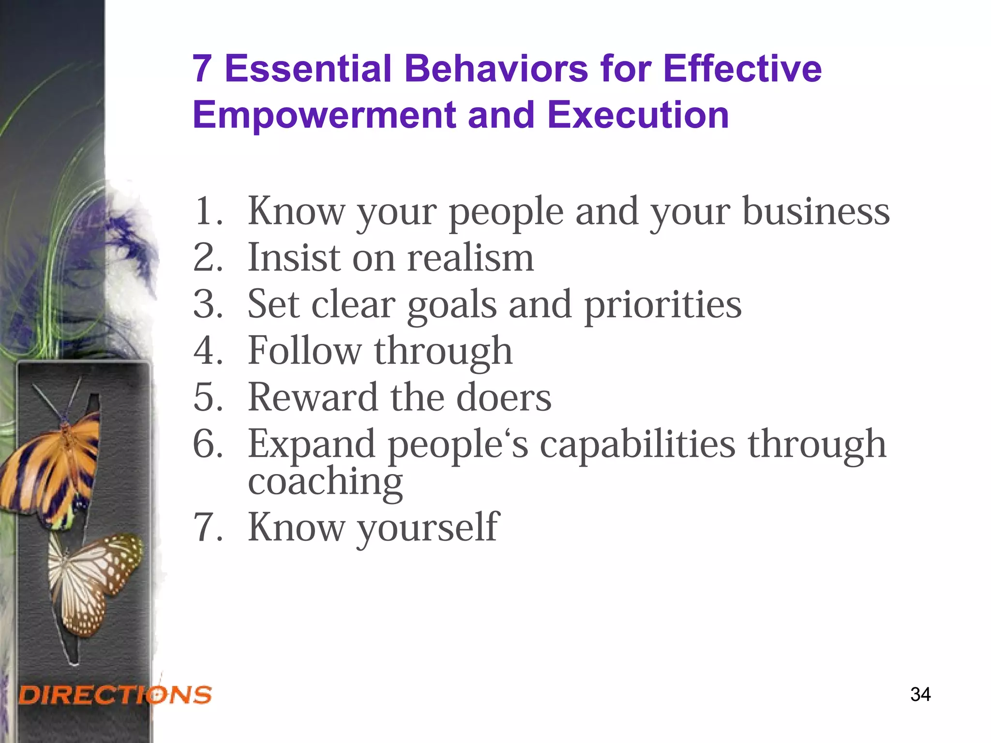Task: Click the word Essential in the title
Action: pos(308,69)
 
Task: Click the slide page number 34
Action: pos(920,694)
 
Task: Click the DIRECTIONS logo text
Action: pos(115,695)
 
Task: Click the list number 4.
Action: pos(207,351)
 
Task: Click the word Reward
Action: pos(313,397)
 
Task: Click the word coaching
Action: pos(325,482)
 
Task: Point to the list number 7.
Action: pos(207,527)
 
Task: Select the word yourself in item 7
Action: pos(428,528)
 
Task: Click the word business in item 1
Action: pos(816,211)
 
